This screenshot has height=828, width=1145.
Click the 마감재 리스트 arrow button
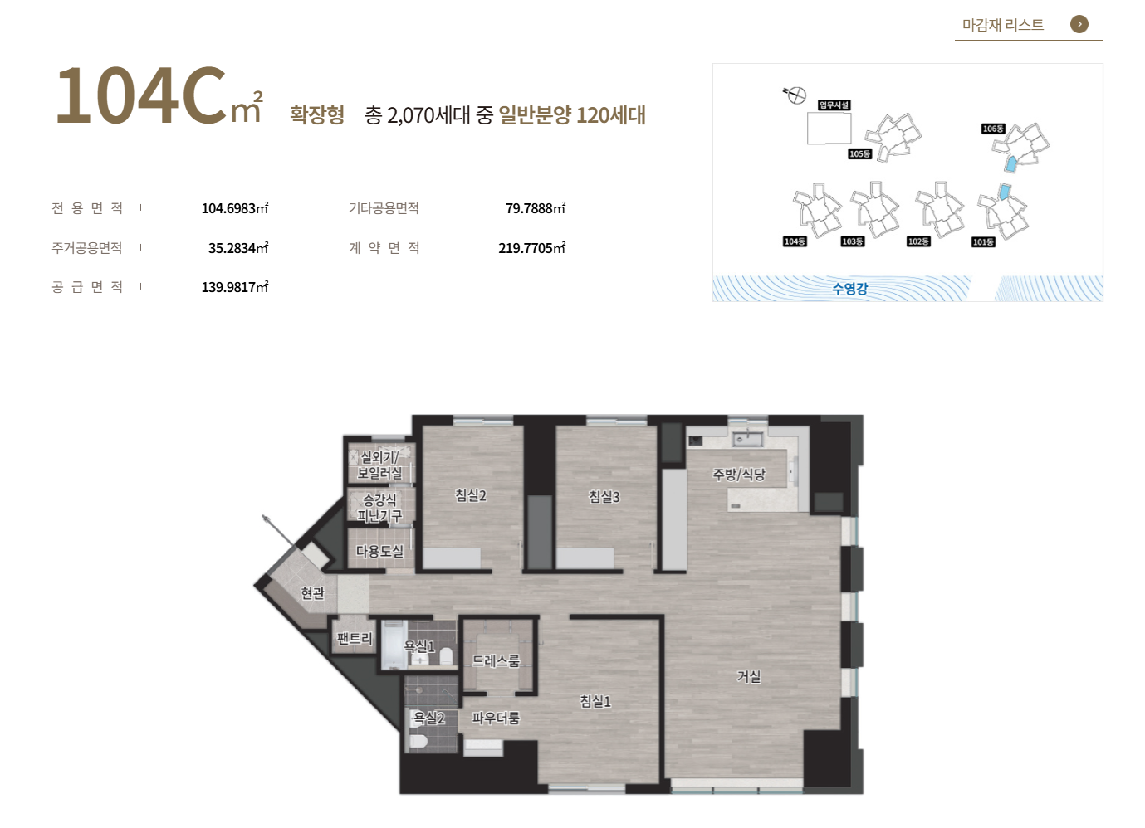tap(1079, 24)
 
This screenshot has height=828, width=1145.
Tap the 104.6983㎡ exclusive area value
tap(235, 208)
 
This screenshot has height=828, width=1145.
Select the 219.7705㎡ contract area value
tap(531, 248)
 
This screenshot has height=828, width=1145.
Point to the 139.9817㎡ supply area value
tap(235, 286)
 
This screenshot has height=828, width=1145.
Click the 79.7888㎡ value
tap(536, 208)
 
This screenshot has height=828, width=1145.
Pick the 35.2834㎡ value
tap(238, 248)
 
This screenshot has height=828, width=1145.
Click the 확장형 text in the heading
tap(317, 114)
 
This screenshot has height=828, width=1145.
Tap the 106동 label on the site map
tap(993, 129)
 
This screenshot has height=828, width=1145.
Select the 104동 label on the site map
tap(795, 241)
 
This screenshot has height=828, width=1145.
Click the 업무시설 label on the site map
tap(834, 105)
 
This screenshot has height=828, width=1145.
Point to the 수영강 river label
tap(849, 289)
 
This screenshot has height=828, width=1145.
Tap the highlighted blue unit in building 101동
tap(1005, 192)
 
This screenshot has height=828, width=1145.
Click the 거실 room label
tap(748, 676)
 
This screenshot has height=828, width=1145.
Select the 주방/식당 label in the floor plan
tap(739, 475)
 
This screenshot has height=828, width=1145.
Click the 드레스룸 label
tap(496, 660)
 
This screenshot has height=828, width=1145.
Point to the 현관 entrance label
tap(312, 592)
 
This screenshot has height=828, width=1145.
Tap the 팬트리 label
tap(355, 638)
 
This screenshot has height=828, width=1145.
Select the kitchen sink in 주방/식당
tap(747, 438)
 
